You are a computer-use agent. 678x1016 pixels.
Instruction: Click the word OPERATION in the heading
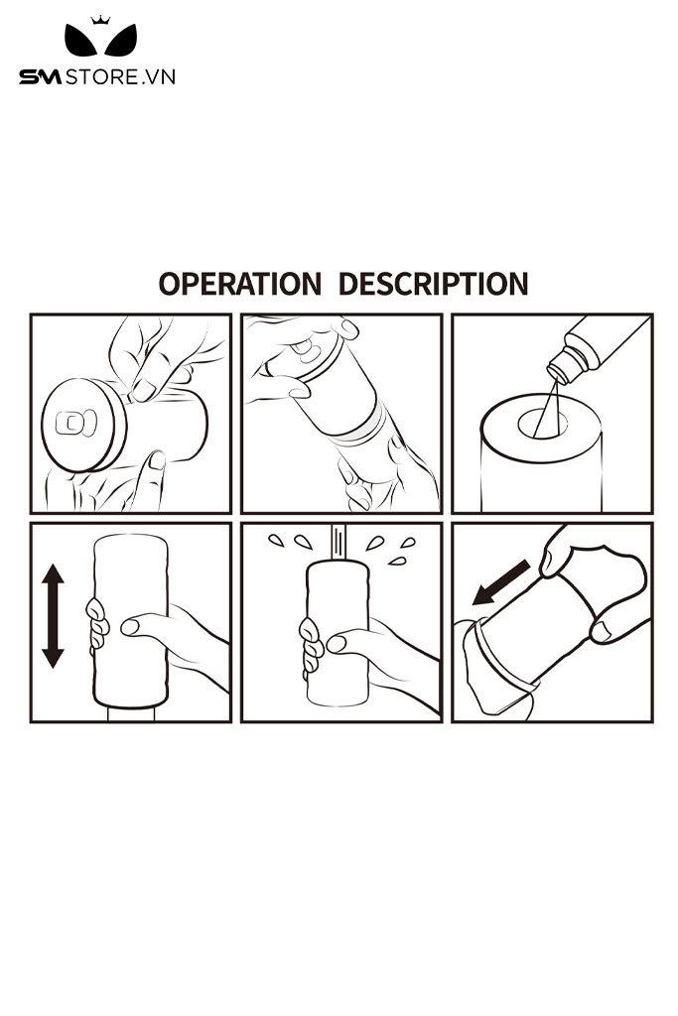point(240,284)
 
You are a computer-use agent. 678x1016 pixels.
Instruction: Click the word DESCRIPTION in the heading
point(434,284)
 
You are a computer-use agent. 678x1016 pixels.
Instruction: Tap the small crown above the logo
point(100,20)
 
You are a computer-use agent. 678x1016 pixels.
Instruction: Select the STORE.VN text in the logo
point(120,77)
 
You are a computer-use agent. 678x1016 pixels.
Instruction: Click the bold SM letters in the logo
point(40,77)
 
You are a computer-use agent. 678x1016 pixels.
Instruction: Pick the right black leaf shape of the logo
point(121,41)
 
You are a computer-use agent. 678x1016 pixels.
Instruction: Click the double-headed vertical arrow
point(53,615)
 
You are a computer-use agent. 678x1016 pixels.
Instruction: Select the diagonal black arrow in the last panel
point(501,582)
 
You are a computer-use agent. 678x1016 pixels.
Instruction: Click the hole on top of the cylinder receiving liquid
point(543,423)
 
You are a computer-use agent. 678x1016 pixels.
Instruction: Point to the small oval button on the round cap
point(75,424)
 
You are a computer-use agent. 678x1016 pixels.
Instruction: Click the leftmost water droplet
point(276,540)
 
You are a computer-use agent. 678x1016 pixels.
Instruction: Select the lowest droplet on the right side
point(397,561)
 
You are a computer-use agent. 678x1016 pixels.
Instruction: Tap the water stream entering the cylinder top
point(339,543)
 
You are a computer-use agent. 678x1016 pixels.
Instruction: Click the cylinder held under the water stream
point(338,633)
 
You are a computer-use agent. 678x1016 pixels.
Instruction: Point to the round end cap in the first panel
point(83,426)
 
